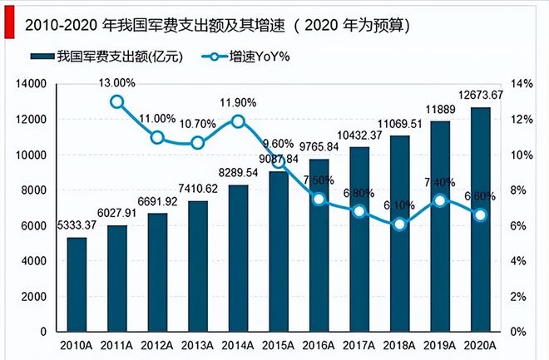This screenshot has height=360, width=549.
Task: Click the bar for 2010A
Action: (77, 284)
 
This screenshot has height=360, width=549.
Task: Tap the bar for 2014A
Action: (238, 258)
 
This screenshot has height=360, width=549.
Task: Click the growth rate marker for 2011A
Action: (117, 102)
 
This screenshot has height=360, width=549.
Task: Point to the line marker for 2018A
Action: (399, 224)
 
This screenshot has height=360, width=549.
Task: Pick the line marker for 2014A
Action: (238, 121)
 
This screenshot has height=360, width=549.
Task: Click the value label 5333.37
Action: (77, 224)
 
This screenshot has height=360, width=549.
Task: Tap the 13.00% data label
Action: (117, 82)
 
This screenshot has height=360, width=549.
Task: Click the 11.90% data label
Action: (238, 102)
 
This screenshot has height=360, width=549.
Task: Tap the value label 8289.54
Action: (238, 172)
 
